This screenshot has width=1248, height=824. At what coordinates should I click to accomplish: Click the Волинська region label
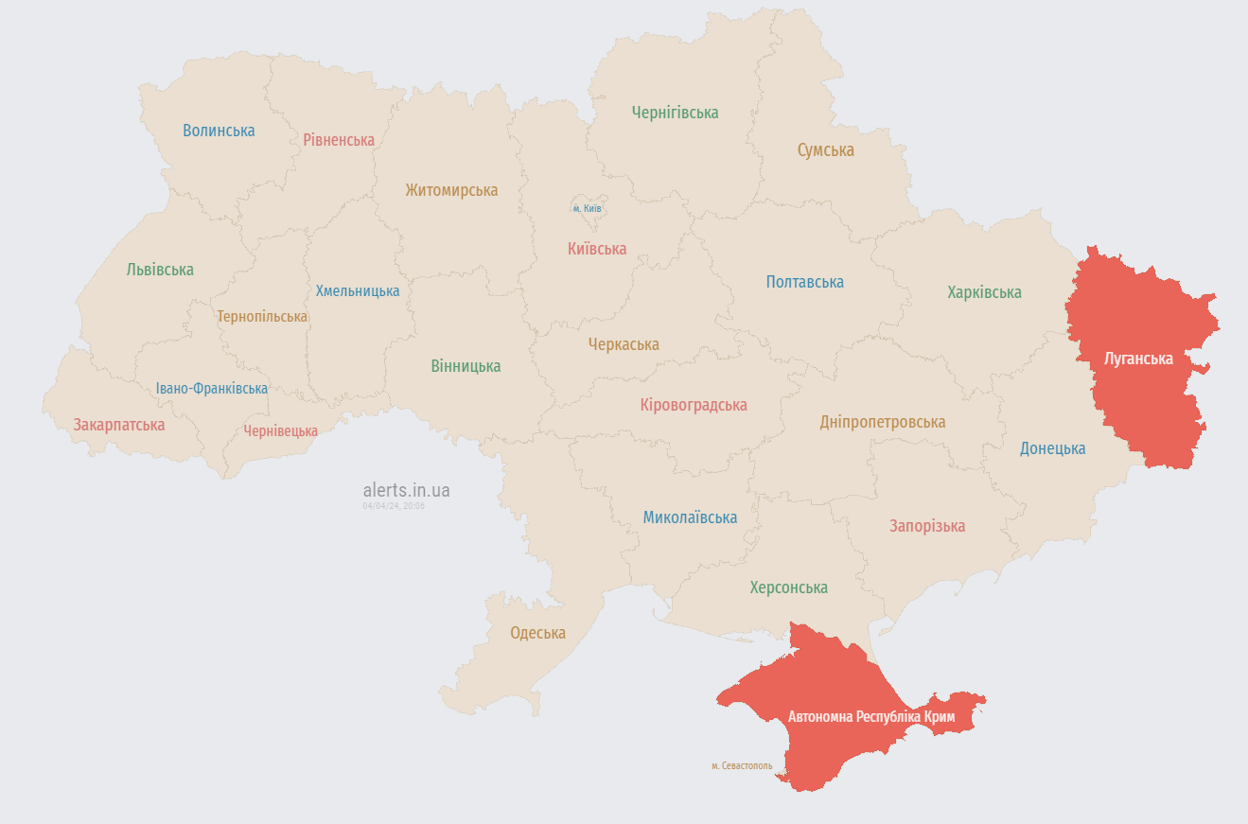point(219,131)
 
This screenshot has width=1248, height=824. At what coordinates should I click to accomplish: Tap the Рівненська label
point(339,140)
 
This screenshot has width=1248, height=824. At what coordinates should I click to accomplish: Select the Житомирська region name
point(451,190)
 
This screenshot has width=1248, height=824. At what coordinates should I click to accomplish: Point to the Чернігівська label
point(675,113)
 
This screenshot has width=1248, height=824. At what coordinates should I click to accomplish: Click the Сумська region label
point(825,150)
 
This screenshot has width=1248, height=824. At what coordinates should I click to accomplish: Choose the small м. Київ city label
point(587,208)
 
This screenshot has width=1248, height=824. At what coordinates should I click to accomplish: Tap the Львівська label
point(160,270)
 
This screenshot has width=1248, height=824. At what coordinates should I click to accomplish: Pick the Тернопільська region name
point(262,317)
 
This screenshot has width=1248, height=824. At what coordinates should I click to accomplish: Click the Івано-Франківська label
point(212,389)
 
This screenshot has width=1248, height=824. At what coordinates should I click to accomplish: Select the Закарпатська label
point(119,425)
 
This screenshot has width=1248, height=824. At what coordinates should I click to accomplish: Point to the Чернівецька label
point(280,431)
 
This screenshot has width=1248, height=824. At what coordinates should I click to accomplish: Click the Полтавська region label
point(804,282)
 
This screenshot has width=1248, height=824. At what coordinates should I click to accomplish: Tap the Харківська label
point(984,292)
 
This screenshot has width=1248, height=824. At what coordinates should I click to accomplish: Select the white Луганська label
point(1138,359)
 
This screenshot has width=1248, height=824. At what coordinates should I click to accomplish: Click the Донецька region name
point(1052,448)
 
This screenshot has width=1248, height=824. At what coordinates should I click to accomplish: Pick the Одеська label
point(537,633)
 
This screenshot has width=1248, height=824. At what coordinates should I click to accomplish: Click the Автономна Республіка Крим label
point(871,717)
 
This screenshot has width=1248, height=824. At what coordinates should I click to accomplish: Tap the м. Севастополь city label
point(742,766)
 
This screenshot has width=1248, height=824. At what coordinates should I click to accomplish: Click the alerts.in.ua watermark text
point(406,490)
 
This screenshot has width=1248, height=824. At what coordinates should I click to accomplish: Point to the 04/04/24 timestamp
point(394,506)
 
